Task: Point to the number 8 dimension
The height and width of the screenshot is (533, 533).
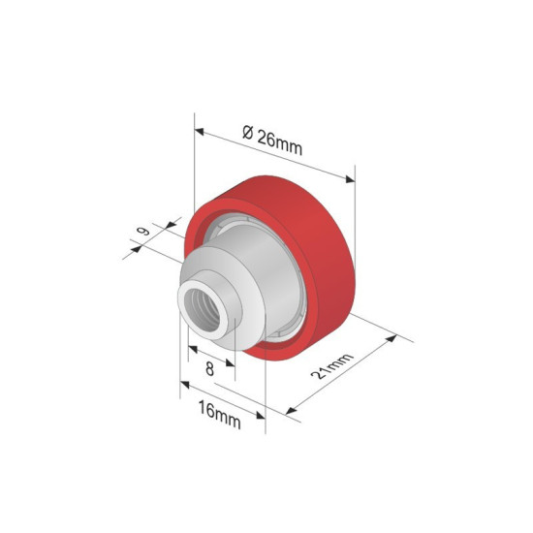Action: click(209, 368)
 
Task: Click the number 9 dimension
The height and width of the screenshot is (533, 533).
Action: click(143, 233)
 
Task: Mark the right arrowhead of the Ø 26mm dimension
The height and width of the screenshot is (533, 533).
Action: click(352, 178)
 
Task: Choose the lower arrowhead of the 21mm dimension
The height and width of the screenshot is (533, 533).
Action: click(288, 411)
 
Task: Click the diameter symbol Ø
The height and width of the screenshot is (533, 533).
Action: click(247, 134)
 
